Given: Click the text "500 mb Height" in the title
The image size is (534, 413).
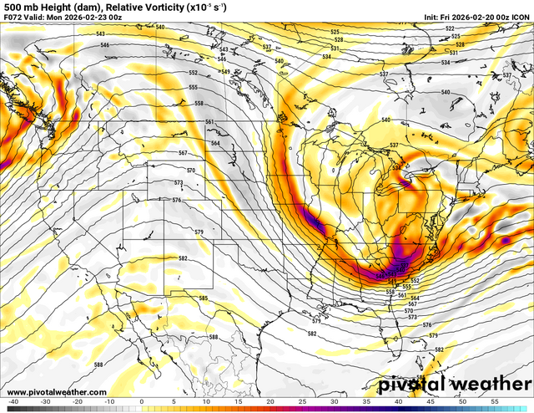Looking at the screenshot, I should point(28,6).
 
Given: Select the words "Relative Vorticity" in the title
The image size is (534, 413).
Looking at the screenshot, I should point(125,6).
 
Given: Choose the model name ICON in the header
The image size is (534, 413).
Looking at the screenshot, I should point(520,17).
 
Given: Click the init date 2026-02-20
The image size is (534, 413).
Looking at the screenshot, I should point(470,17).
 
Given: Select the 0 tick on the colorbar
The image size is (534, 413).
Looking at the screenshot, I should point(141,401).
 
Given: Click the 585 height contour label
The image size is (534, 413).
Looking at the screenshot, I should point(203,298).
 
